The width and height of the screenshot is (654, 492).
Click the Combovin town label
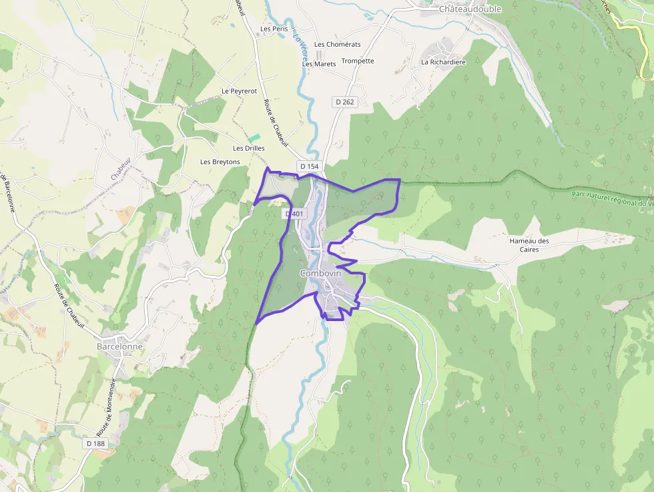tap(320, 274)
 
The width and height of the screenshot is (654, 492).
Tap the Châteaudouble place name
tap(470, 9)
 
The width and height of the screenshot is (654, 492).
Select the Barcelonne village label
tap(119, 347)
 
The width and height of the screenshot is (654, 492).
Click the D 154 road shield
tap(310, 166)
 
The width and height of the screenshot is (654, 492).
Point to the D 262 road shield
tap(345, 102)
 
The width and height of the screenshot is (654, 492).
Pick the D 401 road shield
tap(294, 214)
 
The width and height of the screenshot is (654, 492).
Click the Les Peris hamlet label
tap(274, 29)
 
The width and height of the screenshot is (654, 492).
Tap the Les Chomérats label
tap(337, 45)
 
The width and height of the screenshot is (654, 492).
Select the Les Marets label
tap(319, 64)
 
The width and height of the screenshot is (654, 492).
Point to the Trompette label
tap(358, 61)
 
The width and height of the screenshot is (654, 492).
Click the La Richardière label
tap(442, 62)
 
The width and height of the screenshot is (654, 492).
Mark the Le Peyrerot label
tap(239, 91)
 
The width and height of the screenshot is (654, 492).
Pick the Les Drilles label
tap(249, 148)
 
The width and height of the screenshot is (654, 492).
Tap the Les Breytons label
tap(220, 162)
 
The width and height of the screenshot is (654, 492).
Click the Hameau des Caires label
tap(529, 245)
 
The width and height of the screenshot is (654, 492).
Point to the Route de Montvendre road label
tap(107, 407)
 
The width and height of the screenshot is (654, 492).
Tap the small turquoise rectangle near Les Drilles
tap(254, 138)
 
